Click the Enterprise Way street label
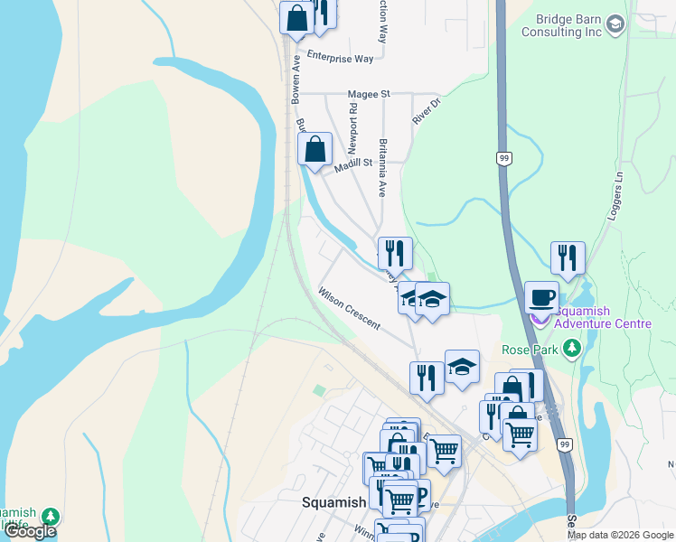340,58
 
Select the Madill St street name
353,164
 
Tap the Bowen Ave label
295,80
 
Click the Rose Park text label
530,349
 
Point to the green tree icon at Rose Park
571,348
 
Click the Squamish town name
333,502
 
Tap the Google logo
30,531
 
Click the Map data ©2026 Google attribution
620,535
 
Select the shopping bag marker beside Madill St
315,148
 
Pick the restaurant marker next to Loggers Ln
568,257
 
